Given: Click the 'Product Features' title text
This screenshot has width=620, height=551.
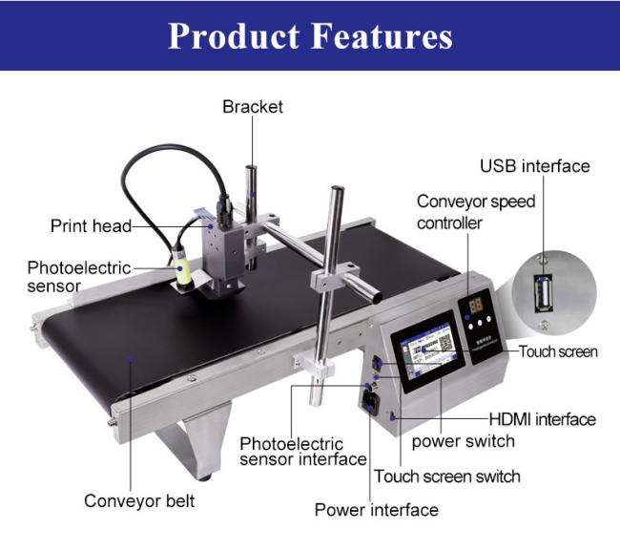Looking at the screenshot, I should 310,35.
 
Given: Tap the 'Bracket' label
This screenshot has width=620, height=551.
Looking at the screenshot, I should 253,106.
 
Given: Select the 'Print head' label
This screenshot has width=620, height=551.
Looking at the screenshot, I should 91,226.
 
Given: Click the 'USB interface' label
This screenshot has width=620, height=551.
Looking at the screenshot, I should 534,166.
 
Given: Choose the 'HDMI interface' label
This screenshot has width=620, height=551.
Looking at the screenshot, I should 542,419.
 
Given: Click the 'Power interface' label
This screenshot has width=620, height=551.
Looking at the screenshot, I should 377,510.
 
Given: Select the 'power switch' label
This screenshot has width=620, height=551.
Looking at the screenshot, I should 463,441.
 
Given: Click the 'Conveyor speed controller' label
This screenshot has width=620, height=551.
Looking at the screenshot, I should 475,212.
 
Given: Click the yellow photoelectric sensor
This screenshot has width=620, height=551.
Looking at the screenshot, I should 182,273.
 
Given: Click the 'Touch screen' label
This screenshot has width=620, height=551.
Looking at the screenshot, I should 558,351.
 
